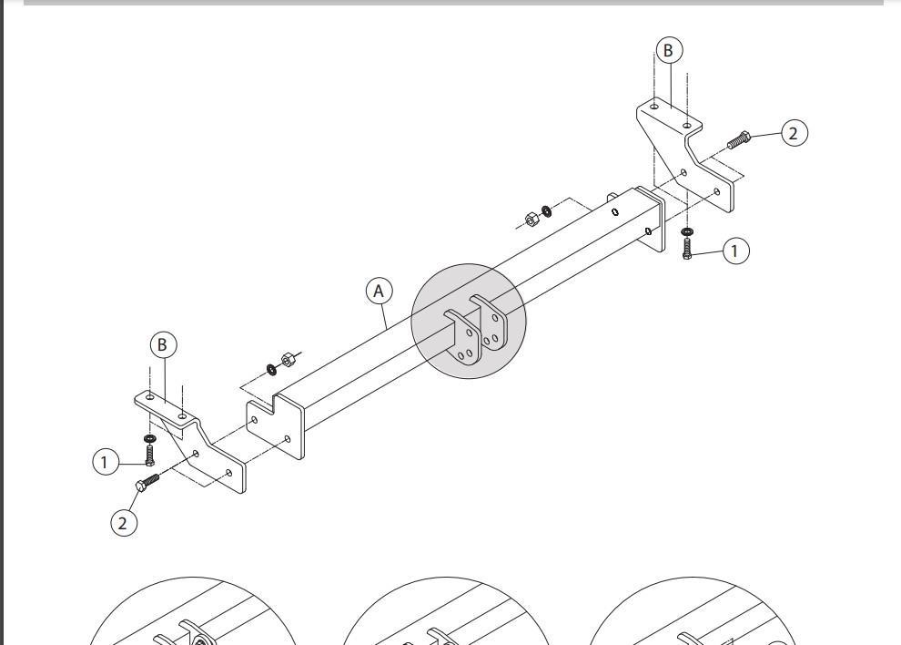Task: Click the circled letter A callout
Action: tap(379, 292)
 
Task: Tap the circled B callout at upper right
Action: tap(668, 51)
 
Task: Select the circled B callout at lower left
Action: tap(163, 344)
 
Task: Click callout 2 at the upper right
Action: tap(795, 134)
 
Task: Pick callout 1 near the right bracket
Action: tap(735, 251)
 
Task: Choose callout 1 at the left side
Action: tap(106, 462)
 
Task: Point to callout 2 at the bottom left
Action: tap(124, 523)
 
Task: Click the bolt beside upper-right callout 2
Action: tap(739, 139)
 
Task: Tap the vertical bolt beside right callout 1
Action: tap(687, 249)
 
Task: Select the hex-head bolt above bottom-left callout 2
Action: tap(147, 482)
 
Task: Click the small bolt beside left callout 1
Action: tap(149, 456)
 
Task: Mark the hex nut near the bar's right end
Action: tap(531, 220)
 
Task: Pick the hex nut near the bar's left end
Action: tap(288, 360)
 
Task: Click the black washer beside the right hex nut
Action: tap(546, 210)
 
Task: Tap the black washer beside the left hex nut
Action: tap(271, 369)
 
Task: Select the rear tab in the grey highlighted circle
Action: tap(491, 322)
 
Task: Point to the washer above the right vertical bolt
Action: tap(687, 232)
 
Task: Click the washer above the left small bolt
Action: tap(149, 439)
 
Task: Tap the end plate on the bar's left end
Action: tap(276, 425)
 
